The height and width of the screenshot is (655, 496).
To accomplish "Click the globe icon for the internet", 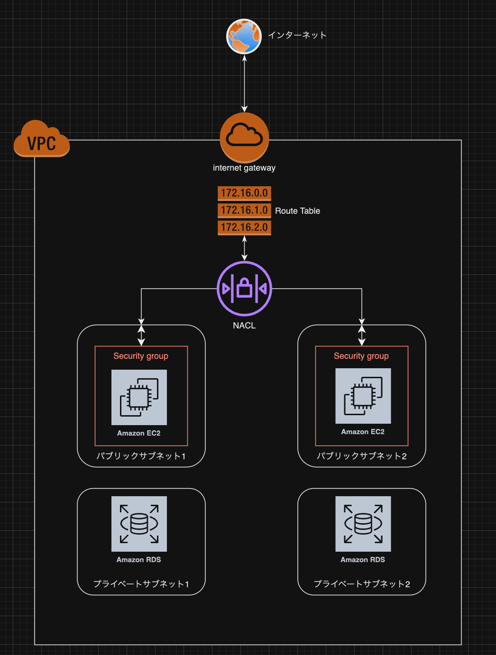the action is [x=244, y=36].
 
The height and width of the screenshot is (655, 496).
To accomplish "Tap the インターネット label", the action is [x=297, y=35].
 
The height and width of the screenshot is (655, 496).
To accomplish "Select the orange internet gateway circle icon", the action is [x=244, y=137].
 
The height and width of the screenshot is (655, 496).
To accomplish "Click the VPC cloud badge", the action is [x=42, y=138].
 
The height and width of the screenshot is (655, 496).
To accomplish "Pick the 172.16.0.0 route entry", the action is [x=244, y=193].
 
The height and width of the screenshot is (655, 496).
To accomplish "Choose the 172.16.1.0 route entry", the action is [x=244, y=210].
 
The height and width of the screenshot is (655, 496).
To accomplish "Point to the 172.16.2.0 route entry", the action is [x=244, y=227].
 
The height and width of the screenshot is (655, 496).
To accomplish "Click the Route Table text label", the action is [x=297, y=211].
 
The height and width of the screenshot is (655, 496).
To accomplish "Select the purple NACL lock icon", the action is [x=244, y=289].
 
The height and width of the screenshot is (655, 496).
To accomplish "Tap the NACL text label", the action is [x=244, y=326].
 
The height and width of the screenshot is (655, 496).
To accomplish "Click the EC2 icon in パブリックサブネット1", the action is [x=139, y=397].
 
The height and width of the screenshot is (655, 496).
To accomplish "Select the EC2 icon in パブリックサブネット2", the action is [x=363, y=396].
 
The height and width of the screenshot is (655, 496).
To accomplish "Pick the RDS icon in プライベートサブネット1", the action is [x=139, y=524].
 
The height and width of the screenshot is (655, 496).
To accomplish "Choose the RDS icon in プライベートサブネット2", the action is [x=363, y=524].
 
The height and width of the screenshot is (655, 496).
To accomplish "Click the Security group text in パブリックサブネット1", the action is [x=141, y=356].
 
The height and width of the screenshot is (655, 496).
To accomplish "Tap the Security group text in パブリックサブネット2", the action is [x=361, y=356].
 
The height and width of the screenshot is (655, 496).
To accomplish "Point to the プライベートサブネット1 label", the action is [x=141, y=584].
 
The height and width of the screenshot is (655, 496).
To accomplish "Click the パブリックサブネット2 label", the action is [x=362, y=456].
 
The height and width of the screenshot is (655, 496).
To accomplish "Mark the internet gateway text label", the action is [x=244, y=168].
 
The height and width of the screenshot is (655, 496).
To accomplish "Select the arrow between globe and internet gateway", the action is [x=244, y=83].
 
